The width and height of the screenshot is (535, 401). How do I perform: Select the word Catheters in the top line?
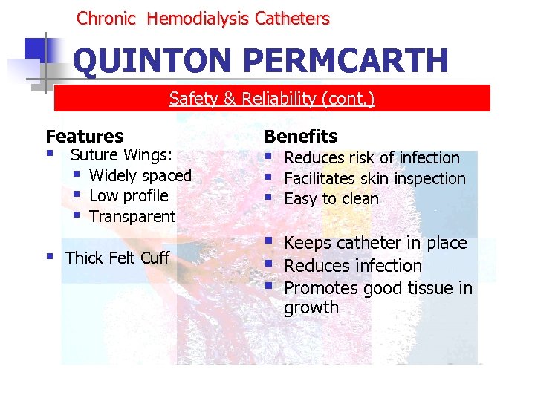point(292,19)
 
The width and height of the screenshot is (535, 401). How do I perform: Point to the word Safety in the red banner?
point(191,98)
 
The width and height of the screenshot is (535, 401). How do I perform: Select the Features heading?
point(85,136)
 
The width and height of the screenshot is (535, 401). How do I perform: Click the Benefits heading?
point(301,136)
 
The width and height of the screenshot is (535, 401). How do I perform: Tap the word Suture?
point(94,154)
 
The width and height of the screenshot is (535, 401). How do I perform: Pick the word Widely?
point(113,175)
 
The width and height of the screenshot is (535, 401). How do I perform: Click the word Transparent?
point(132,217)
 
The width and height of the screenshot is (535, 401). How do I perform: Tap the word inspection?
point(429,178)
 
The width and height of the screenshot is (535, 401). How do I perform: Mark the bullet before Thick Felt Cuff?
point(50,257)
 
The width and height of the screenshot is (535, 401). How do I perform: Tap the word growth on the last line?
point(311,307)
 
